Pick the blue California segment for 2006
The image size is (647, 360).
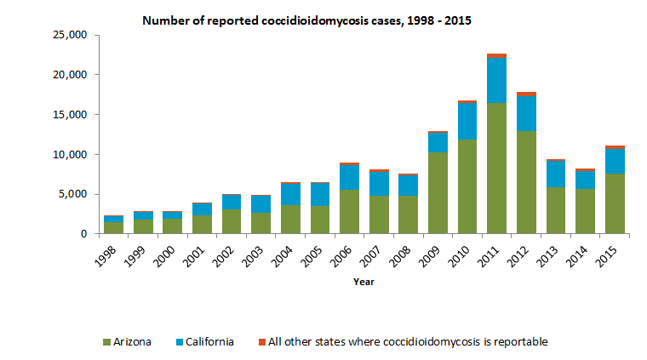point(349,177)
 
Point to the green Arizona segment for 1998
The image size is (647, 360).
point(113,228)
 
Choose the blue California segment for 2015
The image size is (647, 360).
point(615,161)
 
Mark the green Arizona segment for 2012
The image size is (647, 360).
point(526,182)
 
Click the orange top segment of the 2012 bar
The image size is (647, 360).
point(526,94)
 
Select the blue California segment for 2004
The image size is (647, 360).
point(290,195)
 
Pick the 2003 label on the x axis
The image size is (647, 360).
point(256,253)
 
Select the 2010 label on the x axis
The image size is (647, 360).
point(462,253)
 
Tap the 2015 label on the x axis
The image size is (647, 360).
point(610,253)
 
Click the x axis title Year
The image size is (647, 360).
point(364,282)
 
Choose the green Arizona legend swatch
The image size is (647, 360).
point(107,342)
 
